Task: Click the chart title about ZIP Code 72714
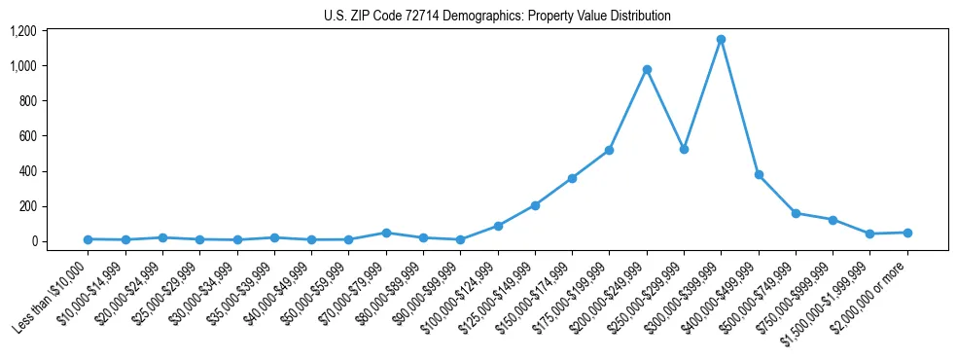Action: click(497, 16)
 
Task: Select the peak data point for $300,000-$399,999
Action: click(721, 40)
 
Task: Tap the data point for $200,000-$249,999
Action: click(647, 70)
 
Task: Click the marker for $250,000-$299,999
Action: click(684, 150)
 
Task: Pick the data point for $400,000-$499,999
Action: click(759, 175)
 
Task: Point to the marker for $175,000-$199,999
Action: click(609, 151)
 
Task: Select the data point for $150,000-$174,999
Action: click(572, 179)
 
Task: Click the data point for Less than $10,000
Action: click(88, 239)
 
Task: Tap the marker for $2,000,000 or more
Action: click(907, 233)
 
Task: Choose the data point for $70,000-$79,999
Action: click(386, 233)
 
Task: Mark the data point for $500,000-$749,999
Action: click(796, 213)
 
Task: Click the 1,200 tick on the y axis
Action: click(22, 31)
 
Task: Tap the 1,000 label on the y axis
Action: click(22, 66)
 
